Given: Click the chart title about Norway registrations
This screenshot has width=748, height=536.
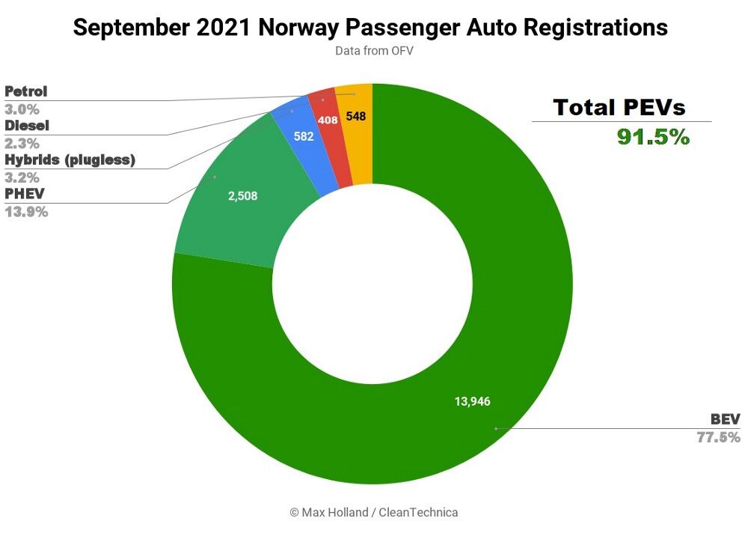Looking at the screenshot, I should pyautogui.click(x=370, y=28).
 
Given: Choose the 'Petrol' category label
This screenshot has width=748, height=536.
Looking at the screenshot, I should pyautogui.click(x=26, y=92).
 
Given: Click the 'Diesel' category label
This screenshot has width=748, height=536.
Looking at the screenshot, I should pyautogui.click(x=27, y=126).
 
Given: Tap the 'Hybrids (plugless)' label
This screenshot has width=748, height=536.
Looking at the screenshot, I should pyautogui.click(x=70, y=160).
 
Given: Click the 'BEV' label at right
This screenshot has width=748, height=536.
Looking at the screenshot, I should pyautogui.click(x=725, y=419).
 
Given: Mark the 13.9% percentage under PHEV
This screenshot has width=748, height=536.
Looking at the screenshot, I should pyautogui.click(x=26, y=212).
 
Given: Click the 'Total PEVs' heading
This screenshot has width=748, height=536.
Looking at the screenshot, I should pyautogui.click(x=619, y=107).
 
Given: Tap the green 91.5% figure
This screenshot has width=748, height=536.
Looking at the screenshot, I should pyautogui.click(x=652, y=136).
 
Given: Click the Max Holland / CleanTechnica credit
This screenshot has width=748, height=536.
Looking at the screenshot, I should pyautogui.click(x=373, y=513).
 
